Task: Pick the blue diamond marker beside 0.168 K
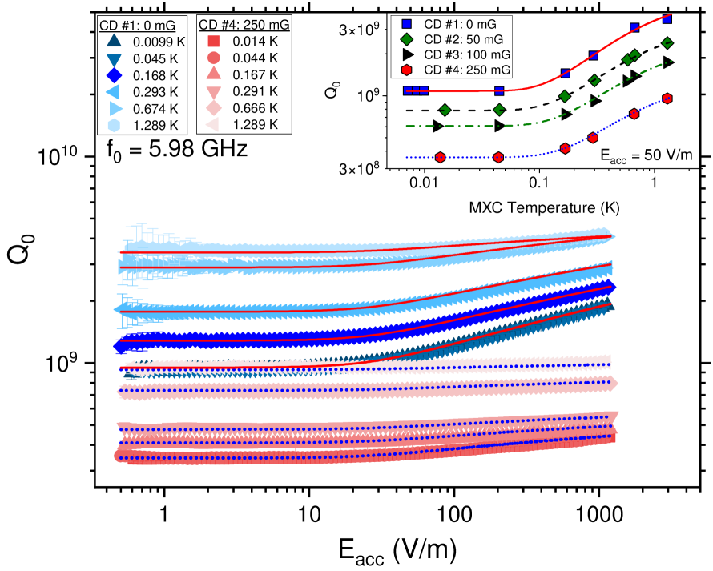coord(114,74)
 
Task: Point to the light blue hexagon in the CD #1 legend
coord(114,125)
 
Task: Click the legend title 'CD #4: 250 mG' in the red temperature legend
coord(244,25)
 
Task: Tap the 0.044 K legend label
coord(255,58)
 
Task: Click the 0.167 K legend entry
coord(255,74)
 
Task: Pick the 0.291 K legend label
coord(255,91)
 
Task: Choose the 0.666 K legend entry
coord(255,108)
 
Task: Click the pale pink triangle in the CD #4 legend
coord(213,125)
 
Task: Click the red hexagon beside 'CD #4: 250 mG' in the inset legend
coord(407,70)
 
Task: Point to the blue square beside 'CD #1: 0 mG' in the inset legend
coord(407,24)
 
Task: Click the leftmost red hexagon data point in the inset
coord(441,157)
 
